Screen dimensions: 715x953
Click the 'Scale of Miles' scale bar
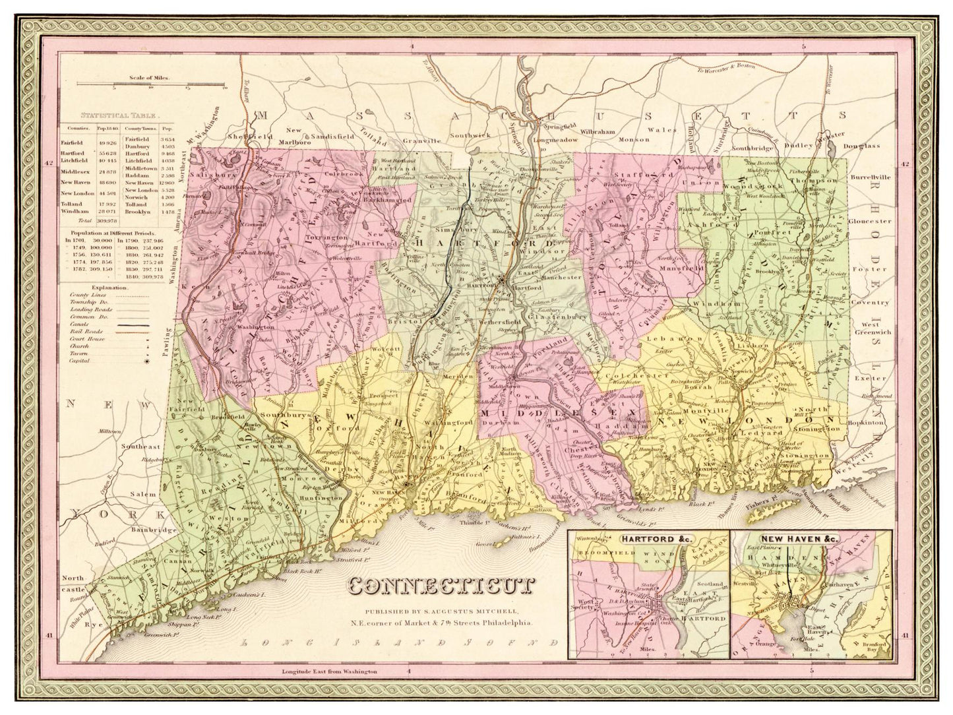[151, 84]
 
